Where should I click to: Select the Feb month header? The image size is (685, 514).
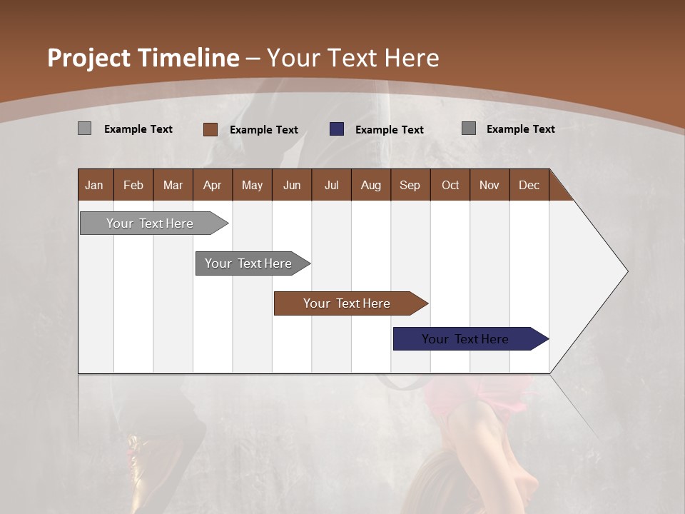[x=133, y=185]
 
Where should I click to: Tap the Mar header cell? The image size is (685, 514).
[x=173, y=185]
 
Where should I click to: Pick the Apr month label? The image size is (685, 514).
[x=213, y=185]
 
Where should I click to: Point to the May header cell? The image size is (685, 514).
[x=252, y=185]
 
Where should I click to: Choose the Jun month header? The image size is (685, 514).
[x=292, y=185]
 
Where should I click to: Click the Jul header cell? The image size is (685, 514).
[x=331, y=185]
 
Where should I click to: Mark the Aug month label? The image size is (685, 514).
[x=371, y=185]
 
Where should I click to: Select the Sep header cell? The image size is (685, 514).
[x=410, y=185]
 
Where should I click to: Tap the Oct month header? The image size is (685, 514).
[x=450, y=185]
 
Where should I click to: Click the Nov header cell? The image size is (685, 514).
[x=489, y=185]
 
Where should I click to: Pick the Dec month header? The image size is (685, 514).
[x=529, y=185]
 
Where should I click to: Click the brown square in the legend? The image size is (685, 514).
[x=210, y=129]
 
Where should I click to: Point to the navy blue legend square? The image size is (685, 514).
[x=337, y=129]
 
